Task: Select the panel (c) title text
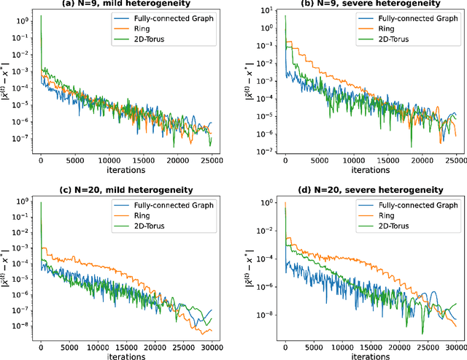tap(126, 190)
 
